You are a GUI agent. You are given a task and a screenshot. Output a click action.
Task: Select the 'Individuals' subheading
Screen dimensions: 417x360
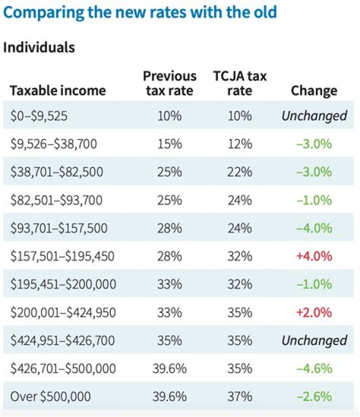click(x=39, y=47)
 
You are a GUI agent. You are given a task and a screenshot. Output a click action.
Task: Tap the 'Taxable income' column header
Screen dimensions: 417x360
click(x=58, y=90)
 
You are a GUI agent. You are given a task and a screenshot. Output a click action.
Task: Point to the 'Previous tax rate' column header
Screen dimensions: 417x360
click(x=169, y=83)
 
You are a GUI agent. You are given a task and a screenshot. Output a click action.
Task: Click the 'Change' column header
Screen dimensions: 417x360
click(x=314, y=90)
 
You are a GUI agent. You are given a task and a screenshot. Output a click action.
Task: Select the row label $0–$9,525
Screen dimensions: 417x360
click(x=39, y=116)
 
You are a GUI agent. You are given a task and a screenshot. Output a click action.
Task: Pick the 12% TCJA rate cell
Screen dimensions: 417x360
click(x=240, y=144)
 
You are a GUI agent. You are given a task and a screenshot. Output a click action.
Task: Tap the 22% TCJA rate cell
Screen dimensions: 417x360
click(x=240, y=172)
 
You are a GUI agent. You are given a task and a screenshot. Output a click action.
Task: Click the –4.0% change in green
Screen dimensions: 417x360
click(x=314, y=228)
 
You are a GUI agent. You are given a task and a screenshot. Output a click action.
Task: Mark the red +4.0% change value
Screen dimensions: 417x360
click(x=314, y=256)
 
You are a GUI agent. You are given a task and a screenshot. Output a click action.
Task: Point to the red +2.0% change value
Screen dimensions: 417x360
click(x=314, y=312)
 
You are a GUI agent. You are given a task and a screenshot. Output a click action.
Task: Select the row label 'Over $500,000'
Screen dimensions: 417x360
click(x=50, y=396)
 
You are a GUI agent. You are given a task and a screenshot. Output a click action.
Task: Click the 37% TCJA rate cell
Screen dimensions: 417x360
click(x=240, y=396)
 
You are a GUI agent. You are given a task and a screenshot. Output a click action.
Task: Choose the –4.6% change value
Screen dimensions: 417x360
click(x=314, y=368)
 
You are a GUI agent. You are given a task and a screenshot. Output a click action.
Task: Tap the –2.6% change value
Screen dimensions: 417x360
click(x=314, y=396)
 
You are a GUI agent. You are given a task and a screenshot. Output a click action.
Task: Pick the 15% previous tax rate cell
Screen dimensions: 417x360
click(x=169, y=144)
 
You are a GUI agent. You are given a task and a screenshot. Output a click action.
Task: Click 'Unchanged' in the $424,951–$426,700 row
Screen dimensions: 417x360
click(x=314, y=340)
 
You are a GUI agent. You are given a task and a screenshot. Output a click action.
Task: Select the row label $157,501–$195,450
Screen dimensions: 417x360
click(x=62, y=256)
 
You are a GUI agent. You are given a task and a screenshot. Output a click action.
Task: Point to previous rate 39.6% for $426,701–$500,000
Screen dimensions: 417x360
click(x=169, y=368)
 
